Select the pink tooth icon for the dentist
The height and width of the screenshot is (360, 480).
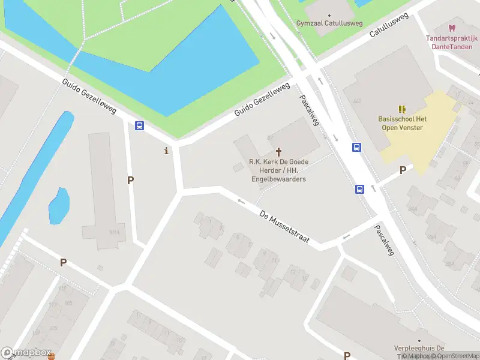(x=452, y=28)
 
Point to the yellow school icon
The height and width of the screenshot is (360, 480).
(x=401, y=109)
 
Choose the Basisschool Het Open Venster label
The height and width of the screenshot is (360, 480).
(x=401, y=123)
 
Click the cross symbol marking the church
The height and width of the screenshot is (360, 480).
(x=278, y=152)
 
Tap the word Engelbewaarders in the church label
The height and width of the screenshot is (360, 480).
(x=278, y=179)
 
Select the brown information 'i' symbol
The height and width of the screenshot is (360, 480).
(x=166, y=151)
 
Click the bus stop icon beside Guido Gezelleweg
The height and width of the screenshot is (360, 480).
(x=139, y=125)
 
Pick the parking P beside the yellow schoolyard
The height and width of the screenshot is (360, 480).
(x=403, y=170)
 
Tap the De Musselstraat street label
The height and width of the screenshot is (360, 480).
(x=284, y=226)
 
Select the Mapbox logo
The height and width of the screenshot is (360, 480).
(x=26, y=353)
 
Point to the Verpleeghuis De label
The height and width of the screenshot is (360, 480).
(x=419, y=349)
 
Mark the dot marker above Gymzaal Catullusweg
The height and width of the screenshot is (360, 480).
(x=329, y=15)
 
